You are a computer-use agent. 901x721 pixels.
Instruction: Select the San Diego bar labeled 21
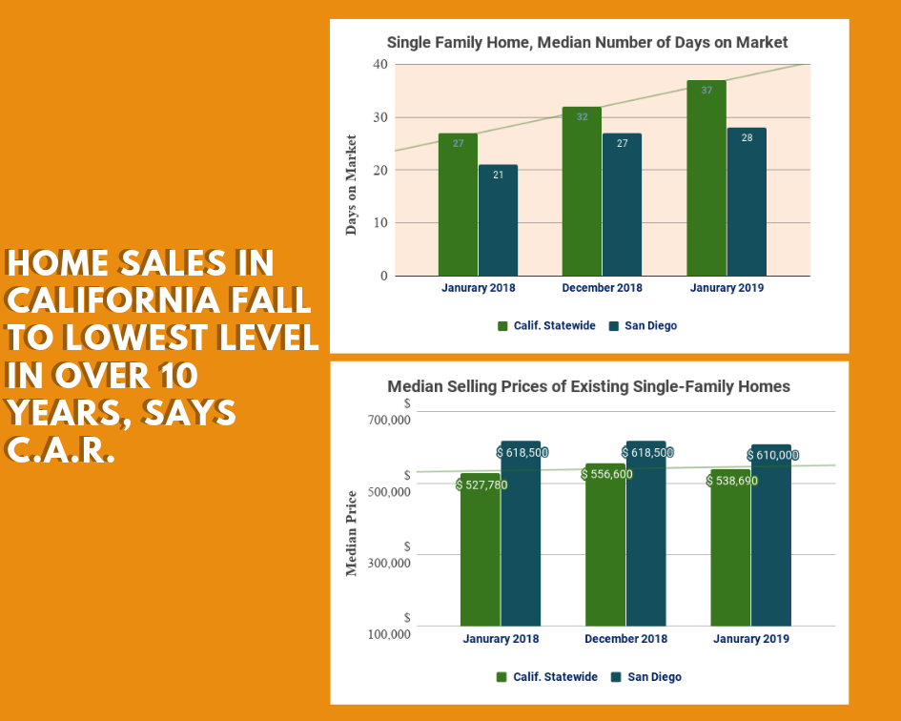coord(498,220)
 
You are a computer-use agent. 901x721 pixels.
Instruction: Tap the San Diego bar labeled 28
coord(747,202)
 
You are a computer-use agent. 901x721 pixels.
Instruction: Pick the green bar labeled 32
coord(582,191)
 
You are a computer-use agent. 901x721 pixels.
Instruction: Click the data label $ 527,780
coord(482,484)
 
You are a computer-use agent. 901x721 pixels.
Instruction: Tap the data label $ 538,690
coord(732,481)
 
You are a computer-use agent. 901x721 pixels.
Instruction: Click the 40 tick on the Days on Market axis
coord(380,65)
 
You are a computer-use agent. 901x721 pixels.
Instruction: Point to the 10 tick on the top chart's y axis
coord(380,223)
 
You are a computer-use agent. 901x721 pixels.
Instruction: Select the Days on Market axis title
coord(351,185)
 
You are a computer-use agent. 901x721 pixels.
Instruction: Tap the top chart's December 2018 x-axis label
coord(602,288)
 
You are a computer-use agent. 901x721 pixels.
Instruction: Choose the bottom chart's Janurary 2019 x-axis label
coord(750,639)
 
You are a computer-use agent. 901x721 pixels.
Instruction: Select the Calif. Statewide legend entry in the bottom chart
coord(547,677)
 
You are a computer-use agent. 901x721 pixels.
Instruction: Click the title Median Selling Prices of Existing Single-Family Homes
coord(588,387)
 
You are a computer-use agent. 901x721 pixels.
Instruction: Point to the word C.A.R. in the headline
coord(61,448)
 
